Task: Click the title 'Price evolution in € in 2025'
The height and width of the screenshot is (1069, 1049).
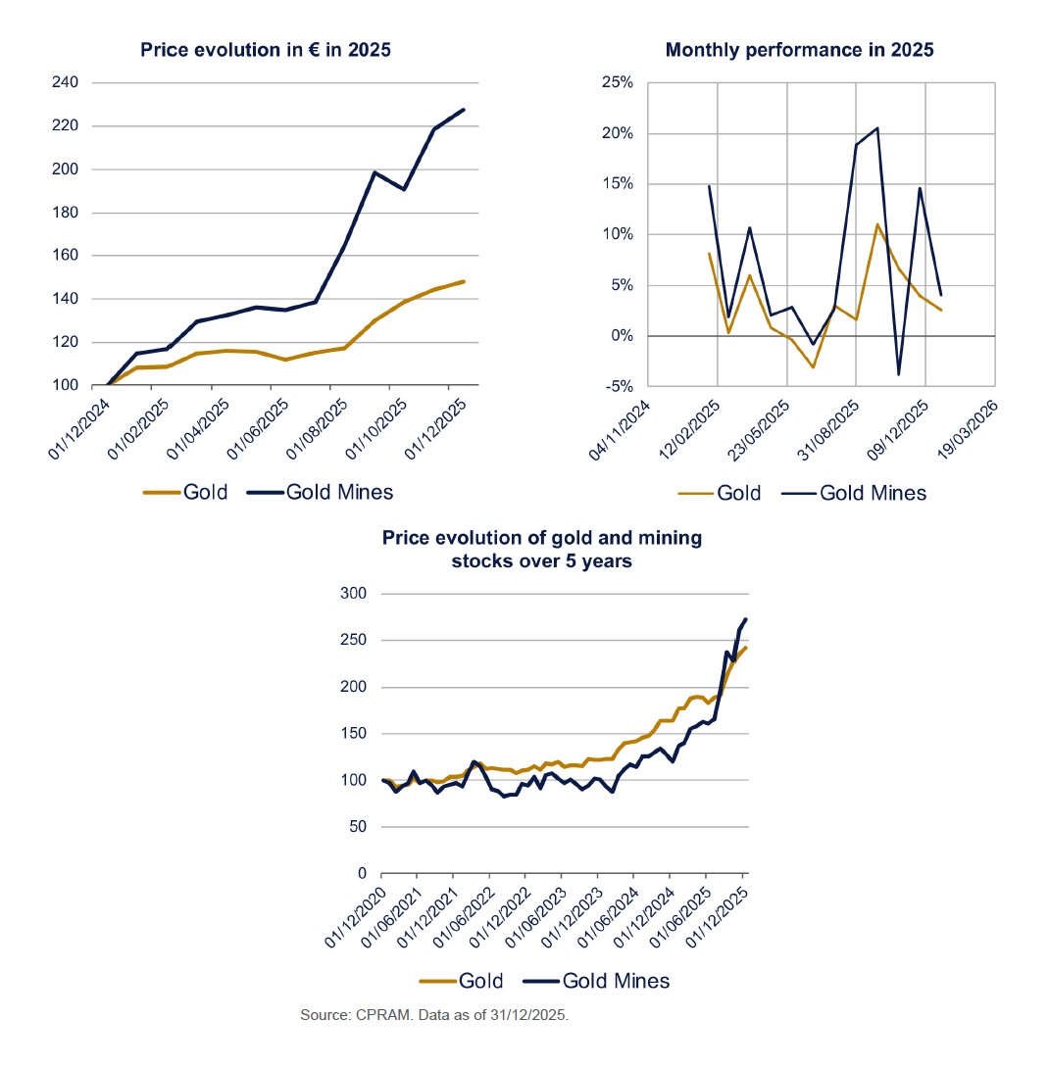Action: [x=266, y=49]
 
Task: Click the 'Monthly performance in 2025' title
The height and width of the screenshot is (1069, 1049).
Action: [x=799, y=49]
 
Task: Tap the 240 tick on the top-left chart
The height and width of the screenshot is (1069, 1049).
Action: [x=65, y=82]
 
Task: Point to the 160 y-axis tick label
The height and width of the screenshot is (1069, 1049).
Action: [x=65, y=256]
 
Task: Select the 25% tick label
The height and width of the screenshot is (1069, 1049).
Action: [x=620, y=82]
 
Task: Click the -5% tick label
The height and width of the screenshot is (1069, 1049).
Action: [x=620, y=386]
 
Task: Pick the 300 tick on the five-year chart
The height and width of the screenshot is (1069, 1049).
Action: [x=352, y=594]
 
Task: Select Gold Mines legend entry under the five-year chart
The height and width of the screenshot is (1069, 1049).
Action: [x=597, y=980]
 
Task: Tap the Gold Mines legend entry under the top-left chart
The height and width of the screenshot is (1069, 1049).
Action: [x=323, y=492]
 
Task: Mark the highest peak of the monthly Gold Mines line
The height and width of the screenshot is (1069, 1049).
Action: [x=876, y=127]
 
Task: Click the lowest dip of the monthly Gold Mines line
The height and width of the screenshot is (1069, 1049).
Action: [x=898, y=374]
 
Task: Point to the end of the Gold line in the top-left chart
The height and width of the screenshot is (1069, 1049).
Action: [x=464, y=281]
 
